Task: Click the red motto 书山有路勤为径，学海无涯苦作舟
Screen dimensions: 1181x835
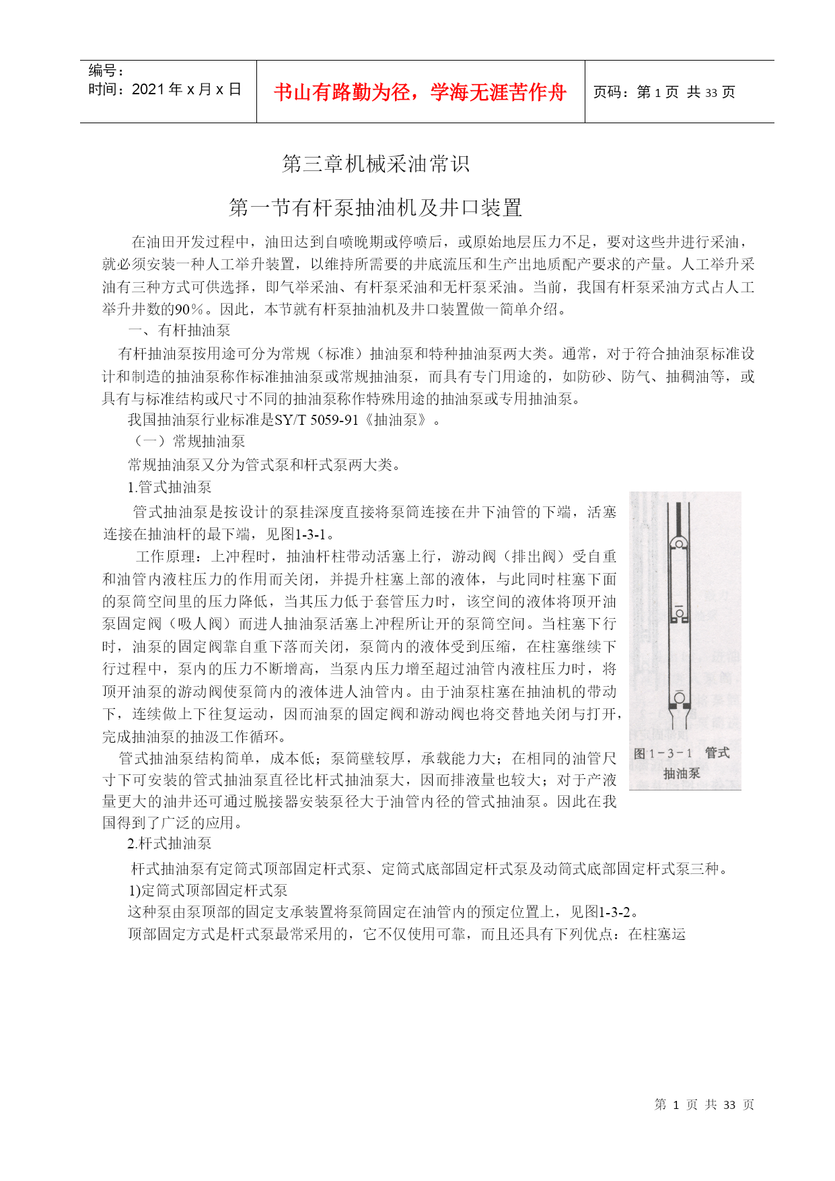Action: (420, 92)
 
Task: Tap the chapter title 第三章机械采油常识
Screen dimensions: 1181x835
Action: (375, 164)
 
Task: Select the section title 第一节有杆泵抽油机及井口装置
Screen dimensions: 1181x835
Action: (375, 207)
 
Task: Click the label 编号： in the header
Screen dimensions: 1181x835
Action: (106, 71)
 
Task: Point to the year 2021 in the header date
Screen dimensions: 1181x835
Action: (149, 90)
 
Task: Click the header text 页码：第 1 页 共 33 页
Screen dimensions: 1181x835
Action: (663, 92)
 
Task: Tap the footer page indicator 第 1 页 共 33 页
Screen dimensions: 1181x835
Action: (704, 1105)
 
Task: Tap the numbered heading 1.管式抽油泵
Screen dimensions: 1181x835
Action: (170, 487)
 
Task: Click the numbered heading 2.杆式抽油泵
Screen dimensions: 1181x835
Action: (170, 844)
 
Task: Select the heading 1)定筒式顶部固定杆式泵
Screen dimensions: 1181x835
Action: (208, 890)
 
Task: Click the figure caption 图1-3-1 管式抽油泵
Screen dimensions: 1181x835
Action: (682, 763)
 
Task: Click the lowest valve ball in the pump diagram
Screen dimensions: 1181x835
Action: (680, 698)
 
